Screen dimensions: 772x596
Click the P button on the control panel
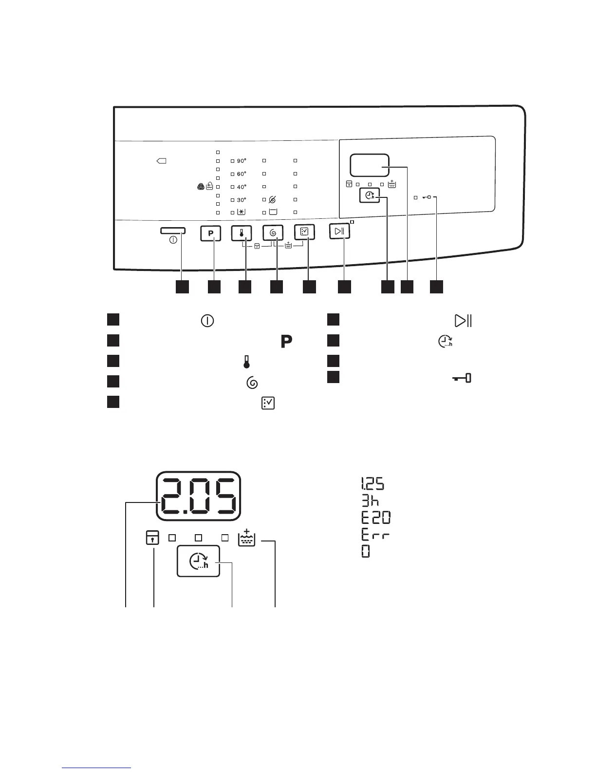coord(211,233)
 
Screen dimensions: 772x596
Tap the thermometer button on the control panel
coord(242,233)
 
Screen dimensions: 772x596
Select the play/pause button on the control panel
coord(339,231)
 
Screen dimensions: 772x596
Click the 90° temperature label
coord(242,160)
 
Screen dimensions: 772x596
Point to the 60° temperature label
coord(242,174)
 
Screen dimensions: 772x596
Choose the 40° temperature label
coord(242,187)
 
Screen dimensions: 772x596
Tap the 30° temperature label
coord(242,200)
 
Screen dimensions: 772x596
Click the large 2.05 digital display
coord(199,496)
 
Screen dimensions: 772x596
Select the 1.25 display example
coord(372,484)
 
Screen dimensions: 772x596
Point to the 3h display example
coord(370,501)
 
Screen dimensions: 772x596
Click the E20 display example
coord(375,518)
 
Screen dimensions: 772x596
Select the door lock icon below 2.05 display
coord(152,538)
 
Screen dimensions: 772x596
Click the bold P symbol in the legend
coord(286,342)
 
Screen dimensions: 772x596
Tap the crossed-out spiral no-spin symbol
coord(272,200)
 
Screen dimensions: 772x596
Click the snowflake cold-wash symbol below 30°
coord(242,212)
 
